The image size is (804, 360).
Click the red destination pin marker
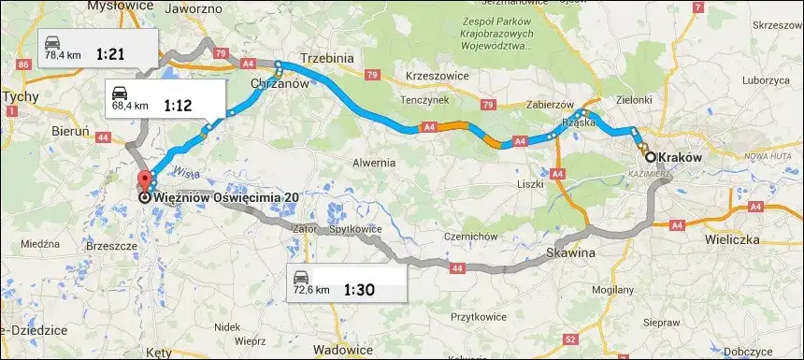[144, 181]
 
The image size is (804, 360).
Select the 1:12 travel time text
[178, 106]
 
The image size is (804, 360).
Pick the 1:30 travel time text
[359, 289]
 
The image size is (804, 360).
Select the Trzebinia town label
[326, 58]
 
